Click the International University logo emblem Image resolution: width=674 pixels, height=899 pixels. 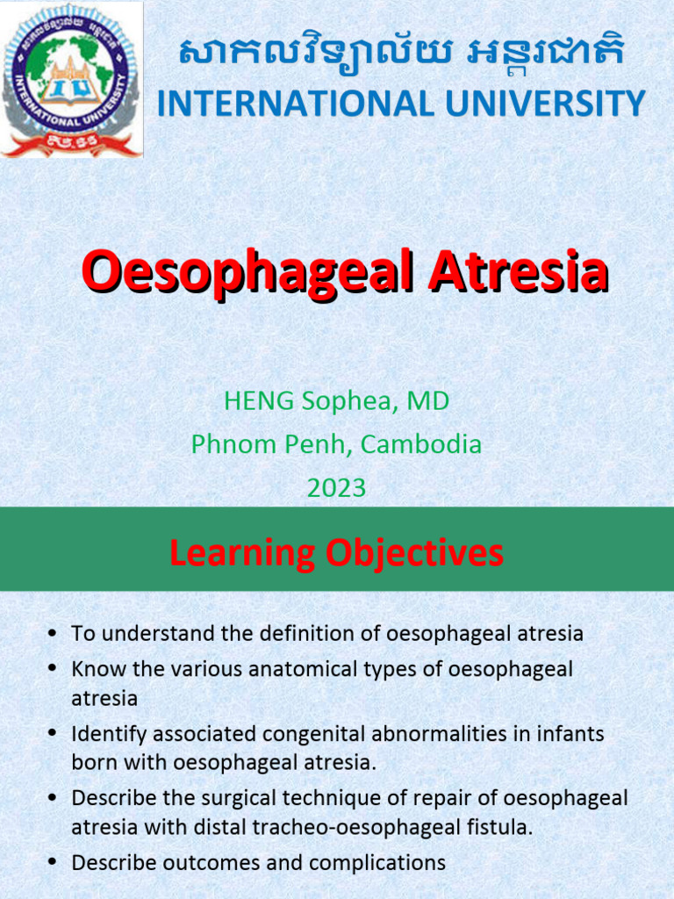(x=72, y=80)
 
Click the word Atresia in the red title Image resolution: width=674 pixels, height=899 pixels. (x=518, y=272)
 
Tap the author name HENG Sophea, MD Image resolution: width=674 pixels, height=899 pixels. (x=336, y=401)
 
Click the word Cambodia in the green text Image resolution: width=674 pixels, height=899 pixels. (x=421, y=444)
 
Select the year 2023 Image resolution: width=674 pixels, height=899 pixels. (x=336, y=487)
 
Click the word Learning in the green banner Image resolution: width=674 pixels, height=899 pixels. (x=242, y=553)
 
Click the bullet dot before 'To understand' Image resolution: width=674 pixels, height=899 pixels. (x=54, y=634)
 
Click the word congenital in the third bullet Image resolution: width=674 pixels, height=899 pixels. (x=277, y=733)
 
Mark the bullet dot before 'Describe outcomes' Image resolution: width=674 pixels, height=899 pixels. (x=54, y=864)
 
